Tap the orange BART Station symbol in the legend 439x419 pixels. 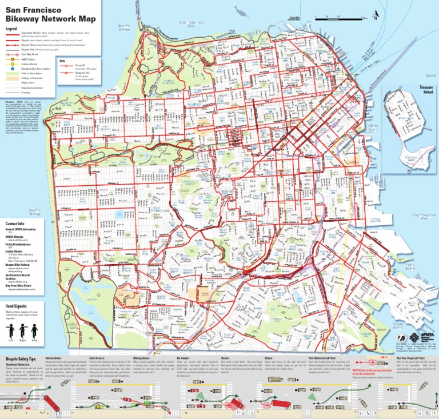[8, 59]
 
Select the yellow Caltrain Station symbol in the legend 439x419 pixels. [8, 64]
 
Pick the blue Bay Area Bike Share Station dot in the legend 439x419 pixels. [8, 69]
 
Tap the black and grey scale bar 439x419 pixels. [323, 19]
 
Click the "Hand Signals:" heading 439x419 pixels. [17, 306]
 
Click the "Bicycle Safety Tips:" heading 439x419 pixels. [21, 357]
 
